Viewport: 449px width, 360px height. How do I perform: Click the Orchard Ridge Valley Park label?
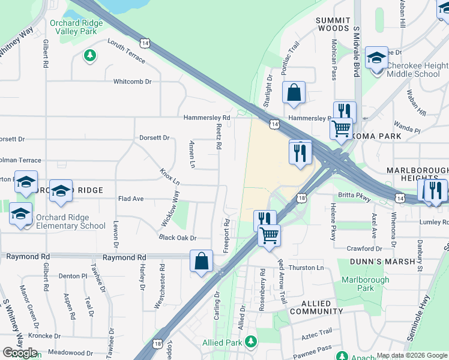76,28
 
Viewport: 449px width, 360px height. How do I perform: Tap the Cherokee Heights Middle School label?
417,70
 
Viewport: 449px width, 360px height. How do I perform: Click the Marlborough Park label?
358,284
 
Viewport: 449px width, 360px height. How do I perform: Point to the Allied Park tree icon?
251,342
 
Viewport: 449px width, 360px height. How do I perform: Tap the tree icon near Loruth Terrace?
90,56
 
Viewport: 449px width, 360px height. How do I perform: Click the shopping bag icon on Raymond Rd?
201,261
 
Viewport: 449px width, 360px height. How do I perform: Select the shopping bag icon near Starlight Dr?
294,93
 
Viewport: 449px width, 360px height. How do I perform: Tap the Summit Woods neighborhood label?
333,24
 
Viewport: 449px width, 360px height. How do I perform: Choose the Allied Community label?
316,308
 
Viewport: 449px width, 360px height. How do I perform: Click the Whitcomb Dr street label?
133,81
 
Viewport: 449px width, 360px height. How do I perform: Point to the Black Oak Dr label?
178,238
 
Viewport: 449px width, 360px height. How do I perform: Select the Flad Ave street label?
131,198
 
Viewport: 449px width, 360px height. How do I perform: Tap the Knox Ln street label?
170,176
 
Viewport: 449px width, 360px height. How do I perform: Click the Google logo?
20,353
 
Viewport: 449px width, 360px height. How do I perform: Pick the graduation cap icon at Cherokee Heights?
376,59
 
